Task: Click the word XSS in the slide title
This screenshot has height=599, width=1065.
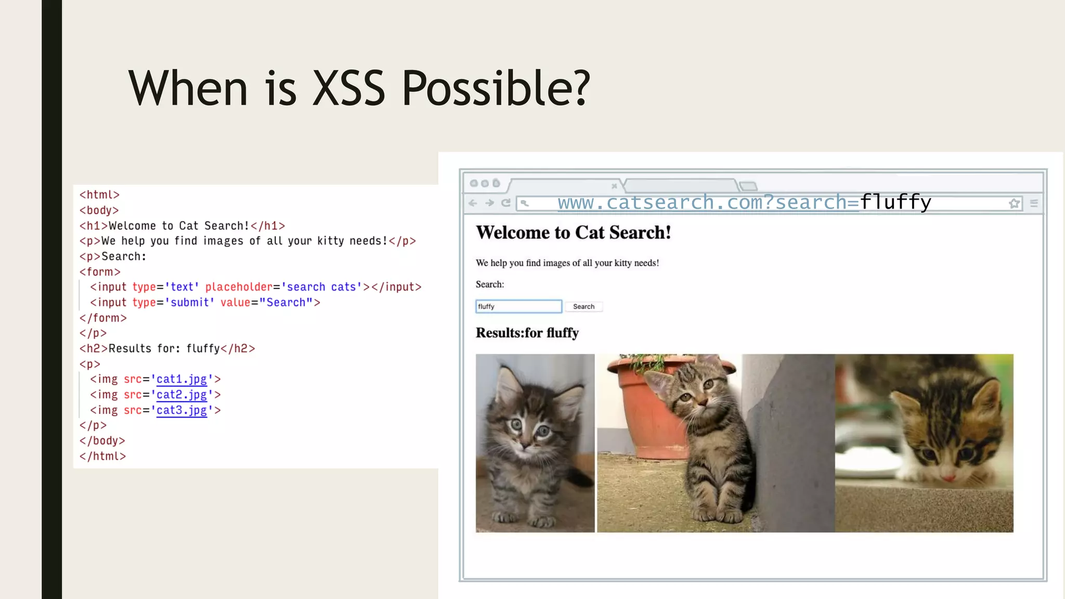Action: click(x=348, y=88)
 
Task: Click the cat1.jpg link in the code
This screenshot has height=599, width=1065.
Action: click(x=181, y=380)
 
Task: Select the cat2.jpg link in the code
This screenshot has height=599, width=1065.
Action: click(x=181, y=395)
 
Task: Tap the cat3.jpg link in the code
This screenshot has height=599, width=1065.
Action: click(x=181, y=410)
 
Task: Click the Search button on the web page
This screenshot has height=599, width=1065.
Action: click(x=583, y=307)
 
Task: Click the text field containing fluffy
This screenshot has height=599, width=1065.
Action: click(x=518, y=307)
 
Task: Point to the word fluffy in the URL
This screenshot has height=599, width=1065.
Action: click(x=895, y=202)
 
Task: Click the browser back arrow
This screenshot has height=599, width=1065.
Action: click(x=473, y=203)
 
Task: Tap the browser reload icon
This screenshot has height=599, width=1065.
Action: click(x=506, y=203)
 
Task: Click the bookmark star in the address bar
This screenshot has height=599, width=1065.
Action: click(x=1014, y=203)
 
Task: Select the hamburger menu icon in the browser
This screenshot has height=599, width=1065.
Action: click(x=1034, y=203)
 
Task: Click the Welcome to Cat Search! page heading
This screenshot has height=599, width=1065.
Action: click(x=573, y=232)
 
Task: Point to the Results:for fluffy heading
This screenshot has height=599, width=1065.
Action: click(x=527, y=333)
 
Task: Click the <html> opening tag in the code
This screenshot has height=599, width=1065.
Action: click(x=99, y=195)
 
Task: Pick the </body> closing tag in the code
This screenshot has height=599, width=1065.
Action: click(x=102, y=441)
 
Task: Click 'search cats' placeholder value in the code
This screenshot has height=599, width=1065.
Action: click(x=321, y=287)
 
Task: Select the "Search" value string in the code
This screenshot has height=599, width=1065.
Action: click(x=285, y=303)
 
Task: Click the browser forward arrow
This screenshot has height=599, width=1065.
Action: click(x=489, y=203)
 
